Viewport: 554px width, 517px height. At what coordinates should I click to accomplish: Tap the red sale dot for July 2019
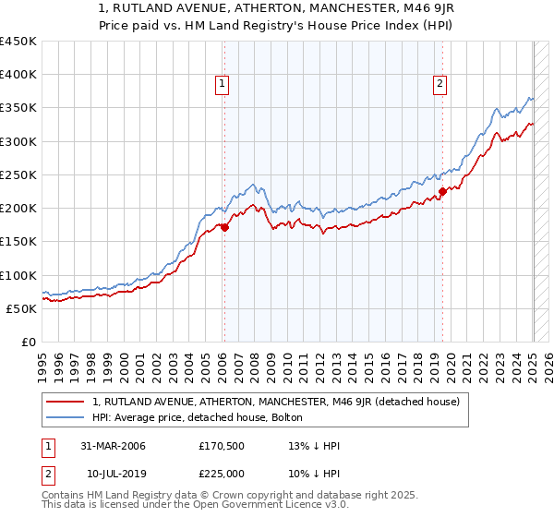[x=442, y=192]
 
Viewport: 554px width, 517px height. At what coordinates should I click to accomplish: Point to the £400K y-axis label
[x=18, y=75]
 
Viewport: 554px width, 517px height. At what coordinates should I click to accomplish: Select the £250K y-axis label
[x=18, y=174]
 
